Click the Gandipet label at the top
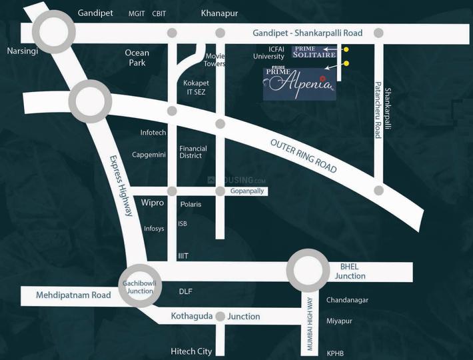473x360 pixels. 95,13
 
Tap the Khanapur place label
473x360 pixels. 219,13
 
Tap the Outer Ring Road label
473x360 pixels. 303,156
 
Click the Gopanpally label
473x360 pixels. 247,191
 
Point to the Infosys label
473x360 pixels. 154,228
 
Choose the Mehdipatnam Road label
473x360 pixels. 64,294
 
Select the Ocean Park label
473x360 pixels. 137,57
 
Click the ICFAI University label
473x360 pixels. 268,52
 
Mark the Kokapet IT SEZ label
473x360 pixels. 195,87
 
